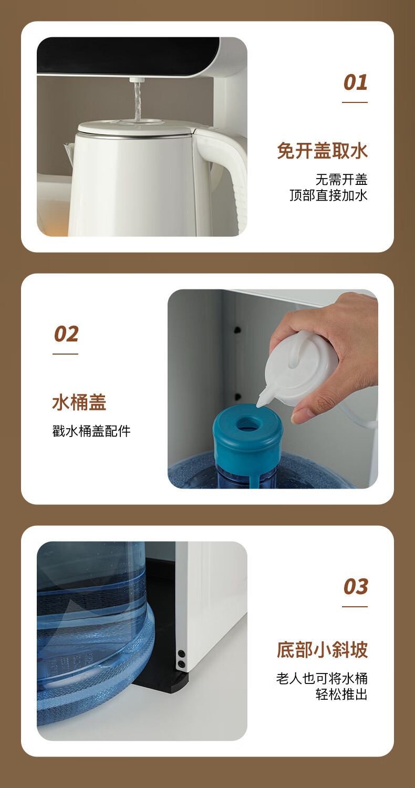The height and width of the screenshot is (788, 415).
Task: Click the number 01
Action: click(355, 82)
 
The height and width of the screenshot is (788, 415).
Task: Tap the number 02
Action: click(66, 334)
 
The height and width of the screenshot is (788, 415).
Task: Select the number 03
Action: click(356, 587)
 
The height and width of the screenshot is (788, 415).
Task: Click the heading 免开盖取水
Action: click(322, 151)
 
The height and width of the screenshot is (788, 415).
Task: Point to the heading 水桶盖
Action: click(79, 402)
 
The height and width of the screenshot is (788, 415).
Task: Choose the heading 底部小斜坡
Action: click(322, 650)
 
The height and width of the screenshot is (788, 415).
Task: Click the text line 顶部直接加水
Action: click(328, 195)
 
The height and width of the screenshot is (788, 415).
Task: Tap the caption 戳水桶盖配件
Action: click(91, 431)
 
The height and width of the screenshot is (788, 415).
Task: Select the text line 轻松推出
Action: click(341, 694)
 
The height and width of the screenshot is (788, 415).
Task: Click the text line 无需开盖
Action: click(341, 180)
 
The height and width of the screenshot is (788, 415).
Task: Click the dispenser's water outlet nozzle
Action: click(136, 80)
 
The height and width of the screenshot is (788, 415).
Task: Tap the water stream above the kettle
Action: click(137, 102)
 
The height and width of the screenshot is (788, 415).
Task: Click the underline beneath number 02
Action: click(66, 354)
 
